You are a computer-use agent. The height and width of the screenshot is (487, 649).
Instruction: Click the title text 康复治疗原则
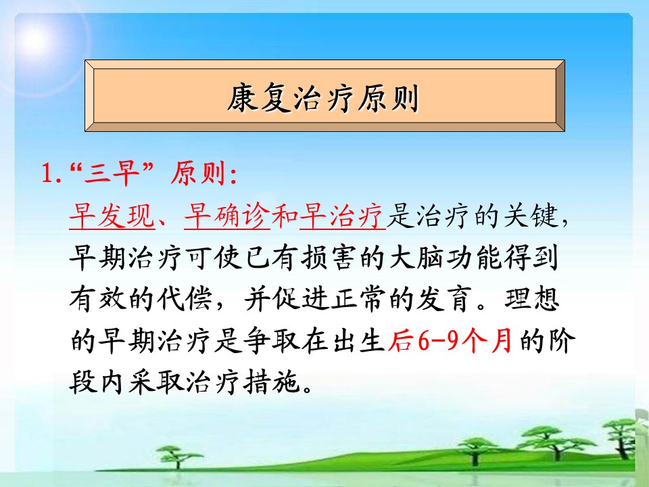pyautogui.click(x=323, y=99)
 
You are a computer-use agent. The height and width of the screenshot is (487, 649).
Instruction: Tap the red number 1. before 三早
pyautogui.click(x=52, y=173)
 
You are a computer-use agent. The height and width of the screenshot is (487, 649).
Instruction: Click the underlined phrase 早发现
pyautogui.click(x=112, y=216)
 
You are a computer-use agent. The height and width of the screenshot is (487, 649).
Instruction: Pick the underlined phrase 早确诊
pyautogui.click(x=227, y=216)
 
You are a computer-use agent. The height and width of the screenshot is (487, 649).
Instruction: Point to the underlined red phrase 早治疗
pyautogui.click(x=342, y=216)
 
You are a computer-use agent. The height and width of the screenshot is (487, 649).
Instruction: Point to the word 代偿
pyautogui.click(x=185, y=298)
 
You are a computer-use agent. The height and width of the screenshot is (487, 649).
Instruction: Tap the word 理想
pyautogui.click(x=531, y=298)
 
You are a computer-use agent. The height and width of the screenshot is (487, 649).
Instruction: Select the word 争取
pyautogui.click(x=270, y=341)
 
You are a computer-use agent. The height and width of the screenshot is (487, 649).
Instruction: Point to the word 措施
pyautogui.click(x=270, y=381)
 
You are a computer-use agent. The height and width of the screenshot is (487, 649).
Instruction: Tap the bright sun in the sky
pyautogui.click(x=35, y=39)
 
